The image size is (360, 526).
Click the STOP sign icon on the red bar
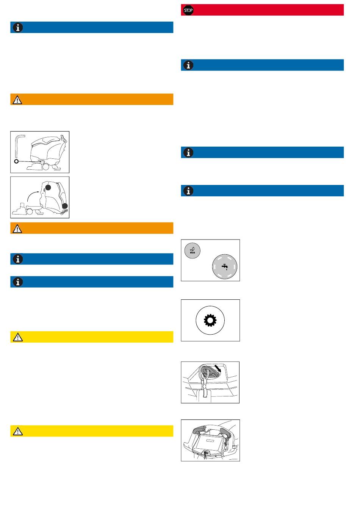[x=188, y=10]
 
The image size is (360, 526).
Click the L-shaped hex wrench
[x=17, y=146]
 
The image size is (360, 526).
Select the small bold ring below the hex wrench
[x=16, y=161]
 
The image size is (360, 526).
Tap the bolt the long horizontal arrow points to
[x=43, y=162]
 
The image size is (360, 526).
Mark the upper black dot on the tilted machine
[x=48, y=187]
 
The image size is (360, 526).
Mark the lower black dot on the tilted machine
[x=65, y=205]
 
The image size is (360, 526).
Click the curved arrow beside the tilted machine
[x=33, y=196]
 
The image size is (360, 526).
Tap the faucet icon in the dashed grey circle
[x=225, y=266]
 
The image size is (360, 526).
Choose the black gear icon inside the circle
[x=210, y=321]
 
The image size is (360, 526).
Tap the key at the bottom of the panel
[x=206, y=453]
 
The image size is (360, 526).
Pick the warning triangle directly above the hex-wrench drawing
[x=17, y=100]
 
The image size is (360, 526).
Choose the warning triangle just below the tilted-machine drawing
[x=17, y=229]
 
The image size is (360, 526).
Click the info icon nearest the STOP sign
[x=188, y=65]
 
